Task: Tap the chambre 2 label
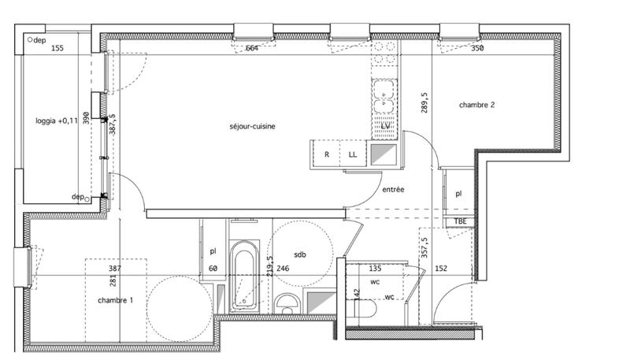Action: (477, 105)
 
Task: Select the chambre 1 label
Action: (115, 301)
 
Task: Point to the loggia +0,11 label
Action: (57, 121)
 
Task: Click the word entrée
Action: (393, 190)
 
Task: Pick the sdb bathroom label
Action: (299, 254)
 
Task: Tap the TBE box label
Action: (460, 221)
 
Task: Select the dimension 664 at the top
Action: (252, 48)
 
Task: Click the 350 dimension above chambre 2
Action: (477, 48)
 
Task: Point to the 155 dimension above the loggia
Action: (57, 48)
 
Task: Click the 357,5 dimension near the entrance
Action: (424, 247)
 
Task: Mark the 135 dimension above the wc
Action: (375, 269)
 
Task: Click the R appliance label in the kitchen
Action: (326, 154)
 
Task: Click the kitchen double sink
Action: (384, 95)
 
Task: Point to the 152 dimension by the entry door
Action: (441, 269)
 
